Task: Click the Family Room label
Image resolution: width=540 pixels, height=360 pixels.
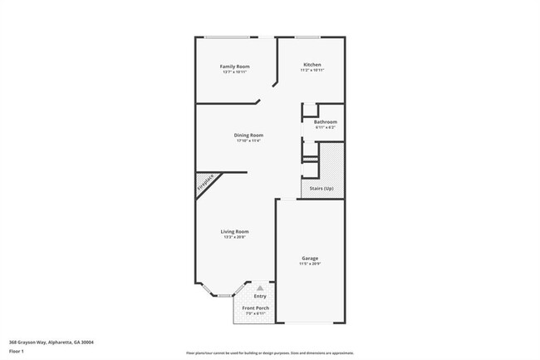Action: (x=235, y=66)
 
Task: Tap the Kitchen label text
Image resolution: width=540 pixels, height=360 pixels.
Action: (x=312, y=65)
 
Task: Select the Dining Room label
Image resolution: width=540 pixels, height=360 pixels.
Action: (x=249, y=135)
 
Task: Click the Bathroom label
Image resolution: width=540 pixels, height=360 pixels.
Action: (x=325, y=122)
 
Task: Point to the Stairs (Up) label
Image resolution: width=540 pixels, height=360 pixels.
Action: (x=322, y=189)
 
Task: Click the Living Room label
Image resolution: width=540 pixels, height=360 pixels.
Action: (x=235, y=231)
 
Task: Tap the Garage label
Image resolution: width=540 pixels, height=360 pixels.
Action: (x=310, y=258)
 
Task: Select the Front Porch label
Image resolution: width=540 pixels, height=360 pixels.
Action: (x=255, y=308)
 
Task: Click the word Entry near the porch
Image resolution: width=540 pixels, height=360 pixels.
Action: (x=260, y=296)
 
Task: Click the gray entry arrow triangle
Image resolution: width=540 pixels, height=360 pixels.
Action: (x=260, y=288)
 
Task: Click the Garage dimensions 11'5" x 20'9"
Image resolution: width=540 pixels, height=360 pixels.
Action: (x=310, y=264)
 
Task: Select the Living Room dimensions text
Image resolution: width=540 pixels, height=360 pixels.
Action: (x=235, y=237)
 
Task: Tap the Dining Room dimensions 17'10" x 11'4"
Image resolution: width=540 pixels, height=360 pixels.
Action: (x=249, y=141)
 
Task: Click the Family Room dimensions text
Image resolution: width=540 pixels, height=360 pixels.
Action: (x=235, y=72)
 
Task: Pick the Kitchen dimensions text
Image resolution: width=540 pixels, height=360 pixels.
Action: (x=312, y=71)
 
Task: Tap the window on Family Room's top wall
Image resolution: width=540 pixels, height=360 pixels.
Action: (x=229, y=37)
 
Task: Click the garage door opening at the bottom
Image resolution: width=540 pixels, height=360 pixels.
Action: (x=310, y=323)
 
